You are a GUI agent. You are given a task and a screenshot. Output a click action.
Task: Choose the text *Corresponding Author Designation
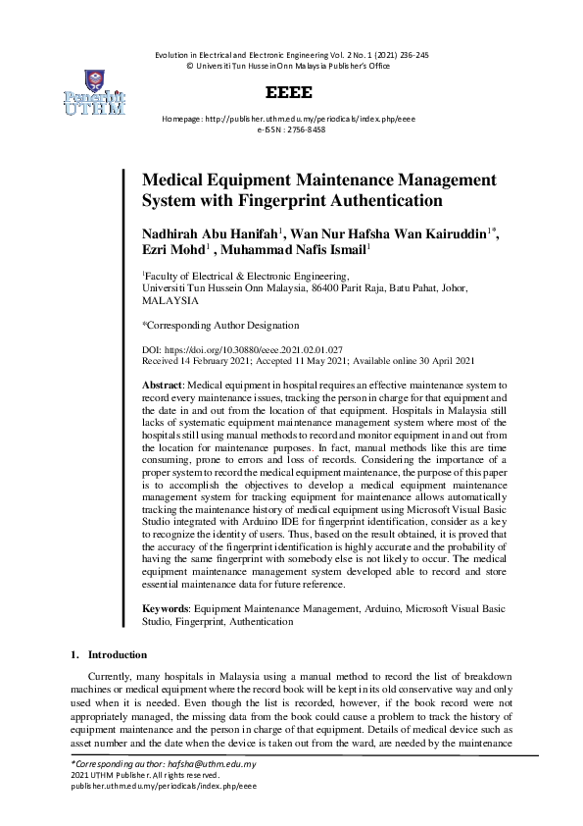coord(220,325)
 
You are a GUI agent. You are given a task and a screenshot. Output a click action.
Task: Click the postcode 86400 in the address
coord(326,289)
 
